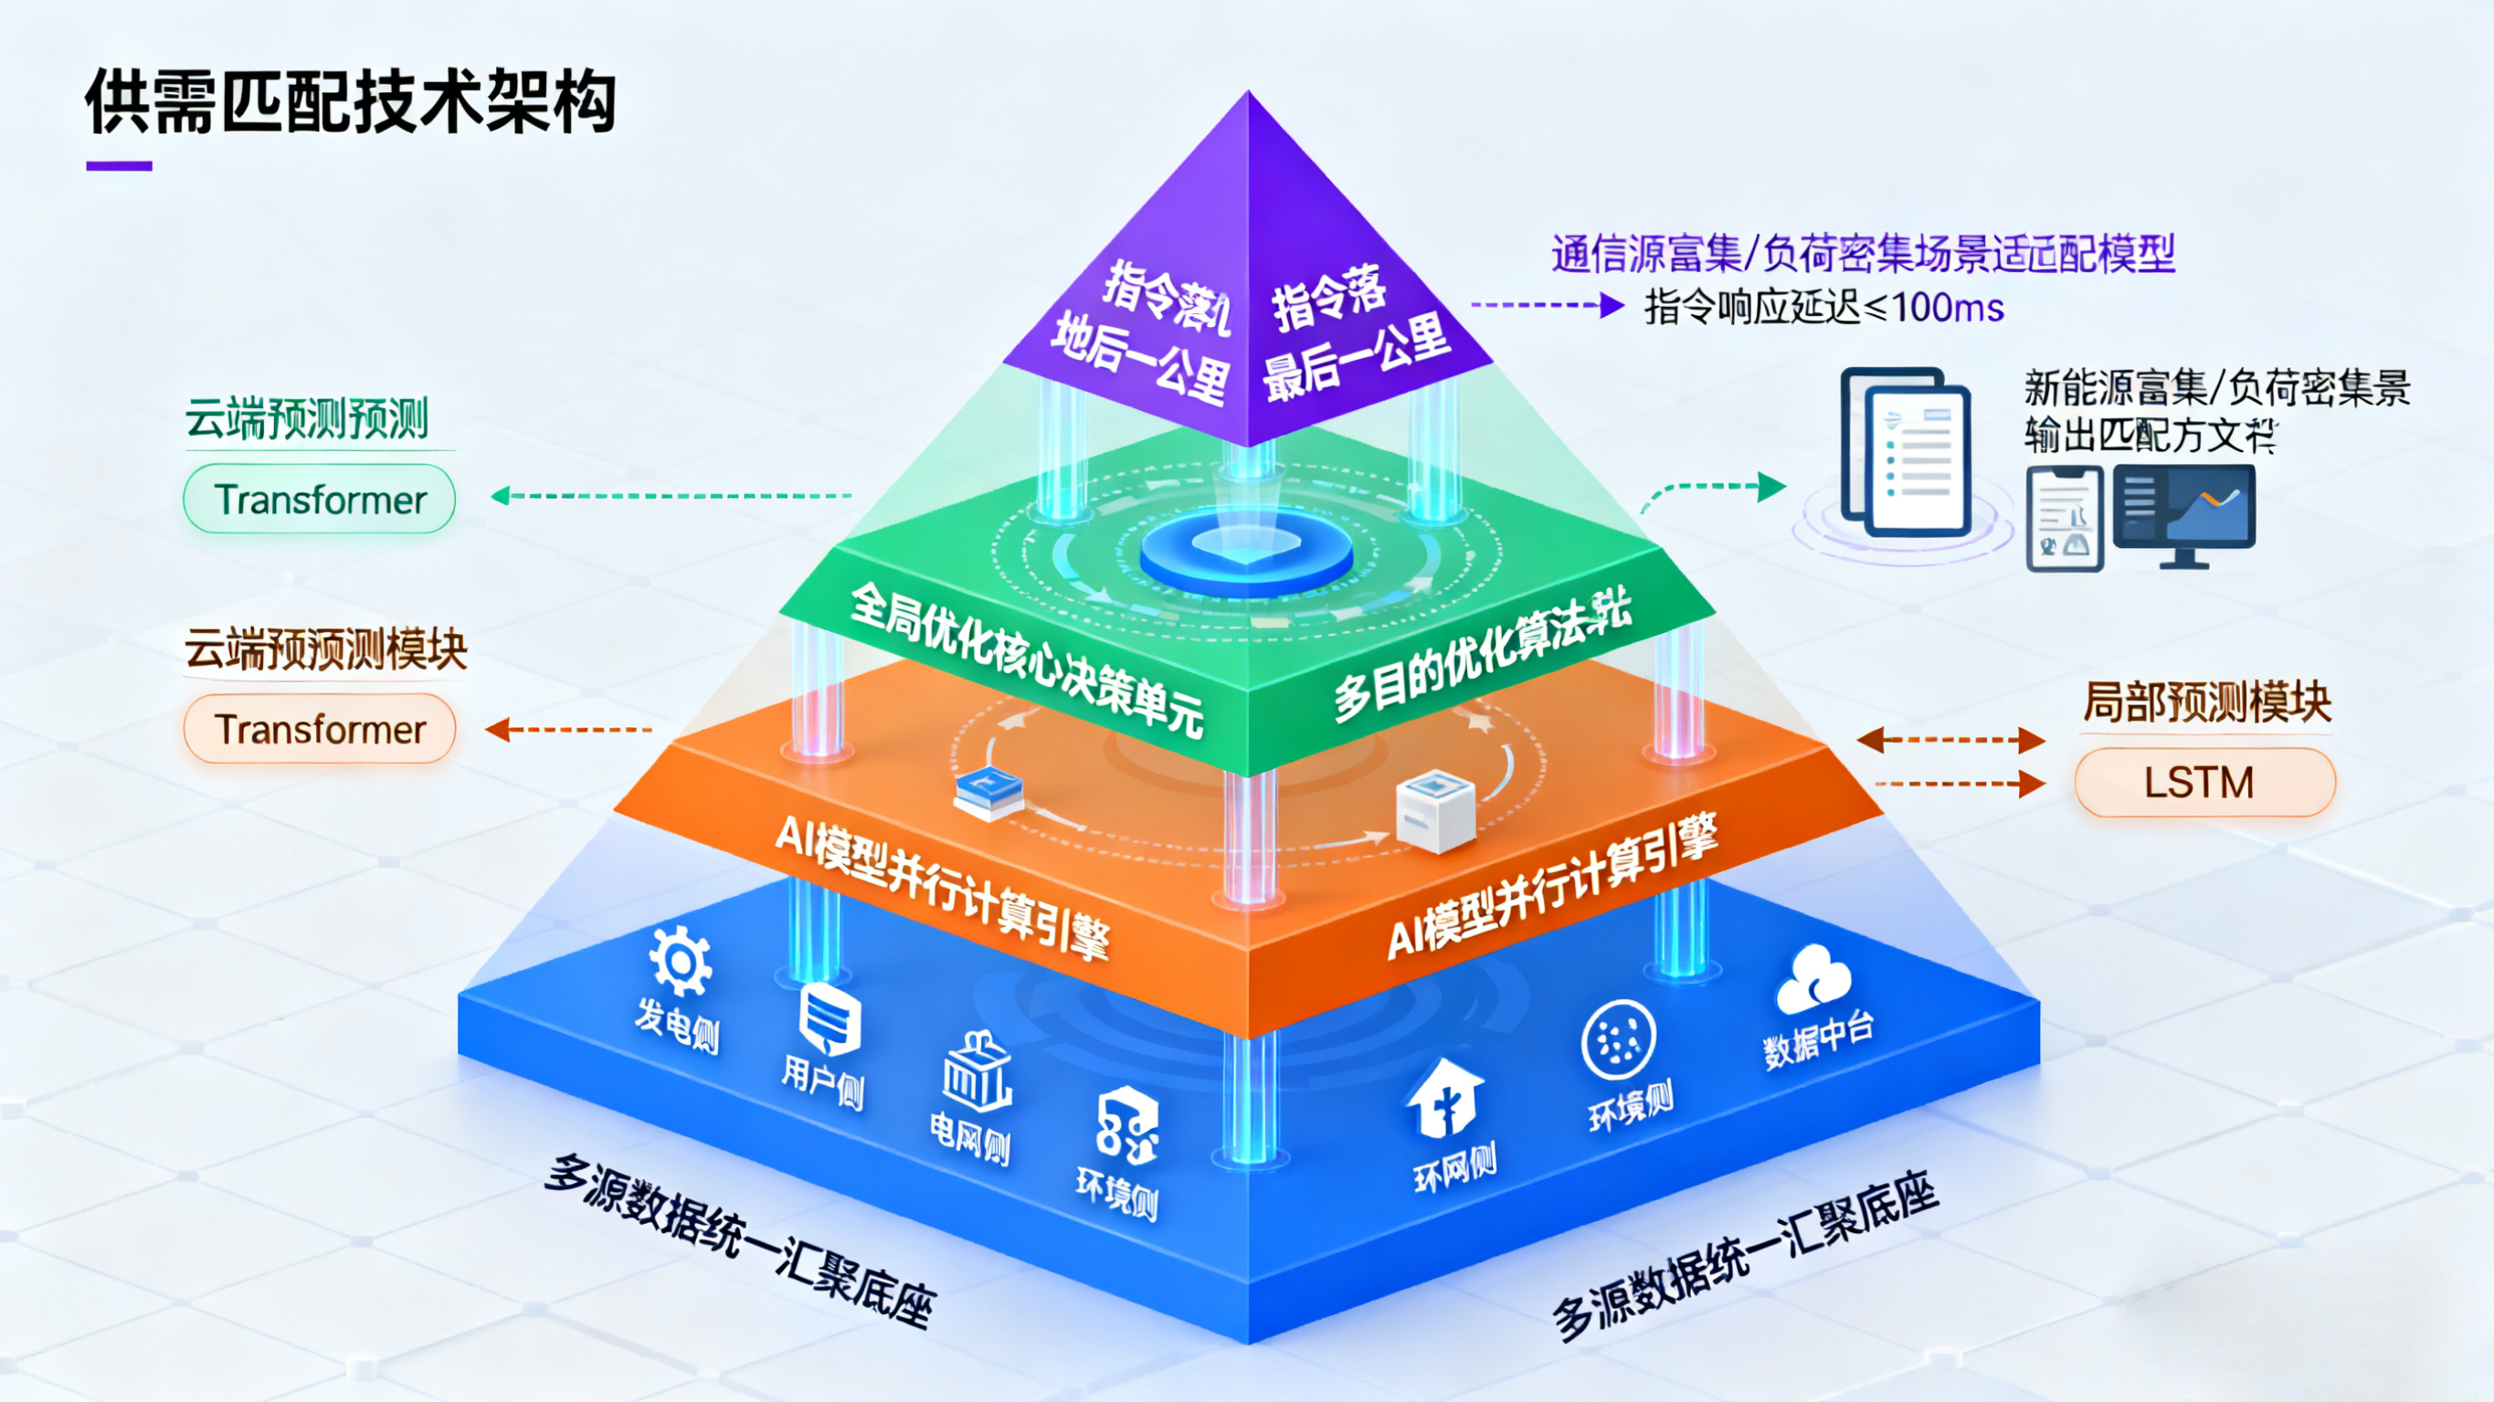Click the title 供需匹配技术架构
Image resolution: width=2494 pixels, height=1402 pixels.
pyautogui.click(x=351, y=101)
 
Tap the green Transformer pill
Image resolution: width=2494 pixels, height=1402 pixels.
pyautogui.click(x=320, y=500)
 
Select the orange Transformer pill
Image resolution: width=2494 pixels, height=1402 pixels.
pyautogui.click(x=320, y=729)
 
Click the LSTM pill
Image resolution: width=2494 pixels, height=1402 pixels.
pyautogui.click(x=2203, y=783)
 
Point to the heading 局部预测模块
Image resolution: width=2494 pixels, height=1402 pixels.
pyautogui.click(x=2206, y=702)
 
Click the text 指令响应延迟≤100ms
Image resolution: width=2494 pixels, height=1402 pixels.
pyautogui.click(x=1824, y=308)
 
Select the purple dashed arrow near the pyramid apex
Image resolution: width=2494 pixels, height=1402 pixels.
pyautogui.click(x=1546, y=306)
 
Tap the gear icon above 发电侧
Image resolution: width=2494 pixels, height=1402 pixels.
pyautogui.click(x=681, y=962)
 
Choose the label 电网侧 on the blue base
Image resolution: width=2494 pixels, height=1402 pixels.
pyautogui.click(x=970, y=1138)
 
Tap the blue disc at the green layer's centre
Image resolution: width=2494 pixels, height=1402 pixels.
pyautogui.click(x=1246, y=553)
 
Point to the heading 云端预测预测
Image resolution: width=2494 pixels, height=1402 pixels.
pyautogui.click(x=307, y=419)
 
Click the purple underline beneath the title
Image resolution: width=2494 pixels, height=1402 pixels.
pyautogui.click(x=119, y=166)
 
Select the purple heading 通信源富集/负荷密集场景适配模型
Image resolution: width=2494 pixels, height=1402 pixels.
pyautogui.click(x=1863, y=254)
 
